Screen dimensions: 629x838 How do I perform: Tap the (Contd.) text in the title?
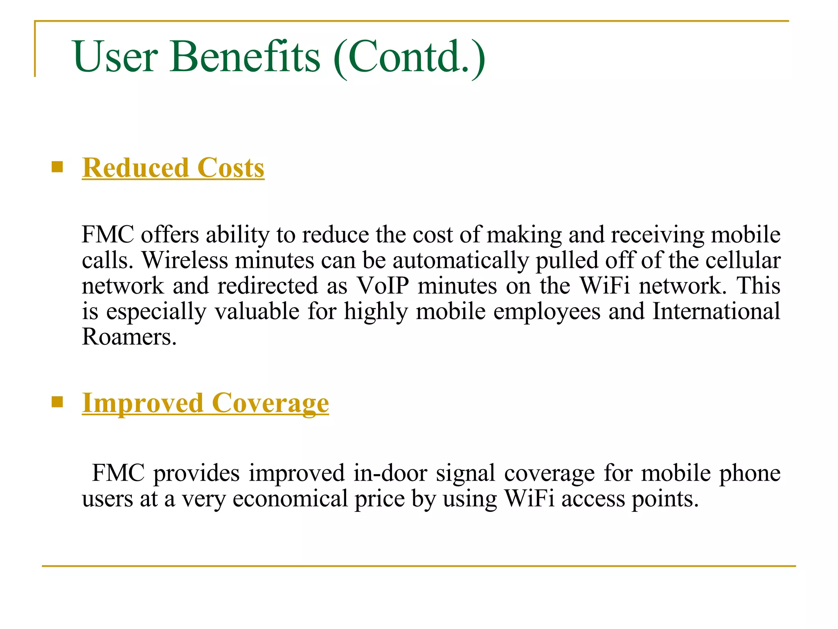410,57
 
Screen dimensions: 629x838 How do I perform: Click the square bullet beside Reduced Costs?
57,167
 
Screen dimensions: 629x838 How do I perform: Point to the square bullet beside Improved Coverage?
57,402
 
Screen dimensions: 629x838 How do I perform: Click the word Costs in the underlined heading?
231,168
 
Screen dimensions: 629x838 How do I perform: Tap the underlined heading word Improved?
142,403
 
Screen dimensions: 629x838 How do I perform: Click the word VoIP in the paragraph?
383,285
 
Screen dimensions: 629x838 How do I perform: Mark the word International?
716,311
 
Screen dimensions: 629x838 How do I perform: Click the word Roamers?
129,337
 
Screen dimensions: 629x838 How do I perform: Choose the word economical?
290,499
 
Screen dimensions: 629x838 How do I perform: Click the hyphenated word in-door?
390,473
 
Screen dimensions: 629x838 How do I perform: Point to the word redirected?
268,285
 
